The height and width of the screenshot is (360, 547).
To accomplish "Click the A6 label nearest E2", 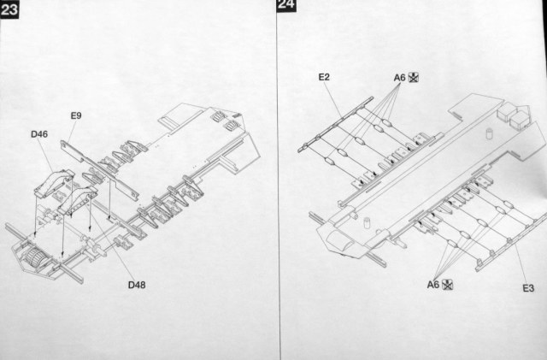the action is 400,79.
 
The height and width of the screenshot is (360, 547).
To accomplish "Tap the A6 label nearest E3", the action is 431,283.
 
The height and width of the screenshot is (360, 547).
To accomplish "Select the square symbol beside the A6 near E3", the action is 446,283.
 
